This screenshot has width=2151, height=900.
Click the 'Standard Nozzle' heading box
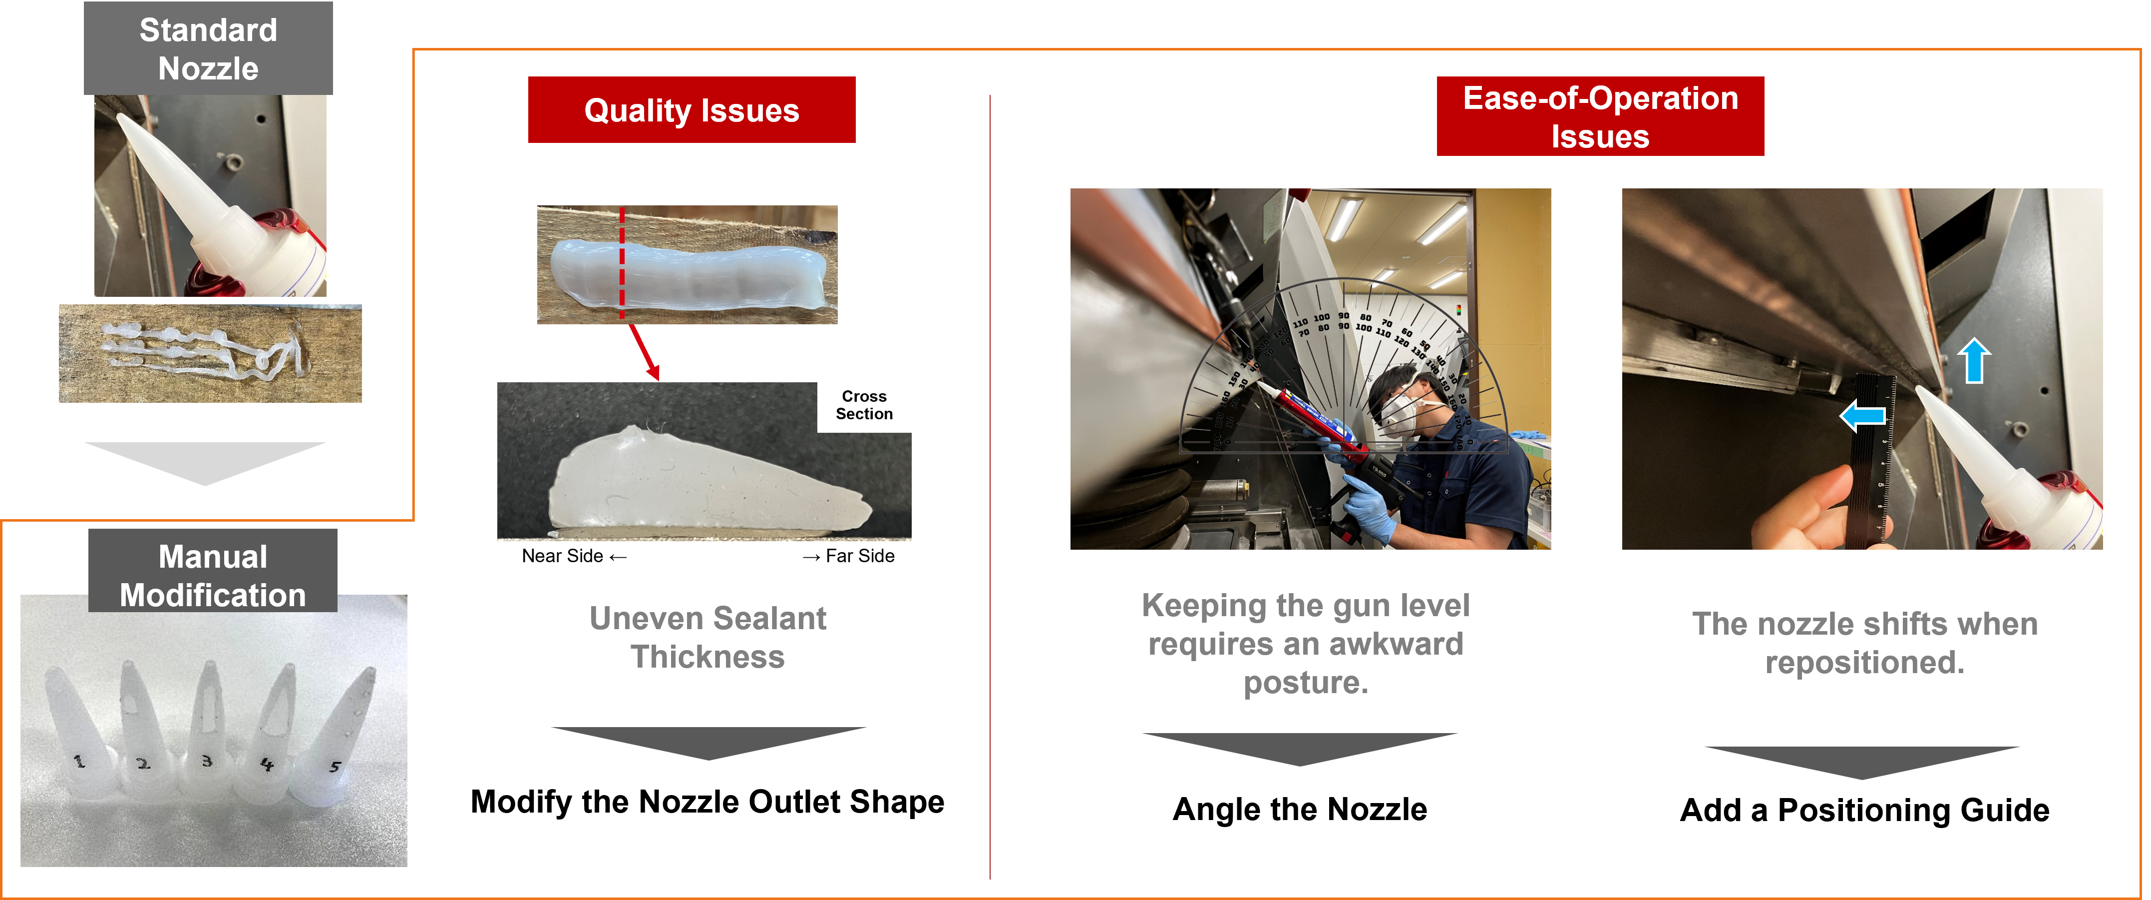tap(208, 48)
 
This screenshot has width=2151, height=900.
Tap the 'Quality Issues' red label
tap(692, 109)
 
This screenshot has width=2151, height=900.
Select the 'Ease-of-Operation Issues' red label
tap(1600, 116)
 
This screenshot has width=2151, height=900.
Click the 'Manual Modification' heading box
tap(213, 571)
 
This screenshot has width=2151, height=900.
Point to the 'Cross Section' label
tap(864, 405)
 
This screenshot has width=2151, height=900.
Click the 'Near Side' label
tap(574, 556)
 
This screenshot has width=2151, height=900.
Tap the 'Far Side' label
tap(848, 556)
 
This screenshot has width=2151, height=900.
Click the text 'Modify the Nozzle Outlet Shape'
tap(707, 802)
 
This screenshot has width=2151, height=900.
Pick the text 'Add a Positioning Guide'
tap(1864, 810)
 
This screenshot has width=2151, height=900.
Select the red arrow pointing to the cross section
tap(644, 352)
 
